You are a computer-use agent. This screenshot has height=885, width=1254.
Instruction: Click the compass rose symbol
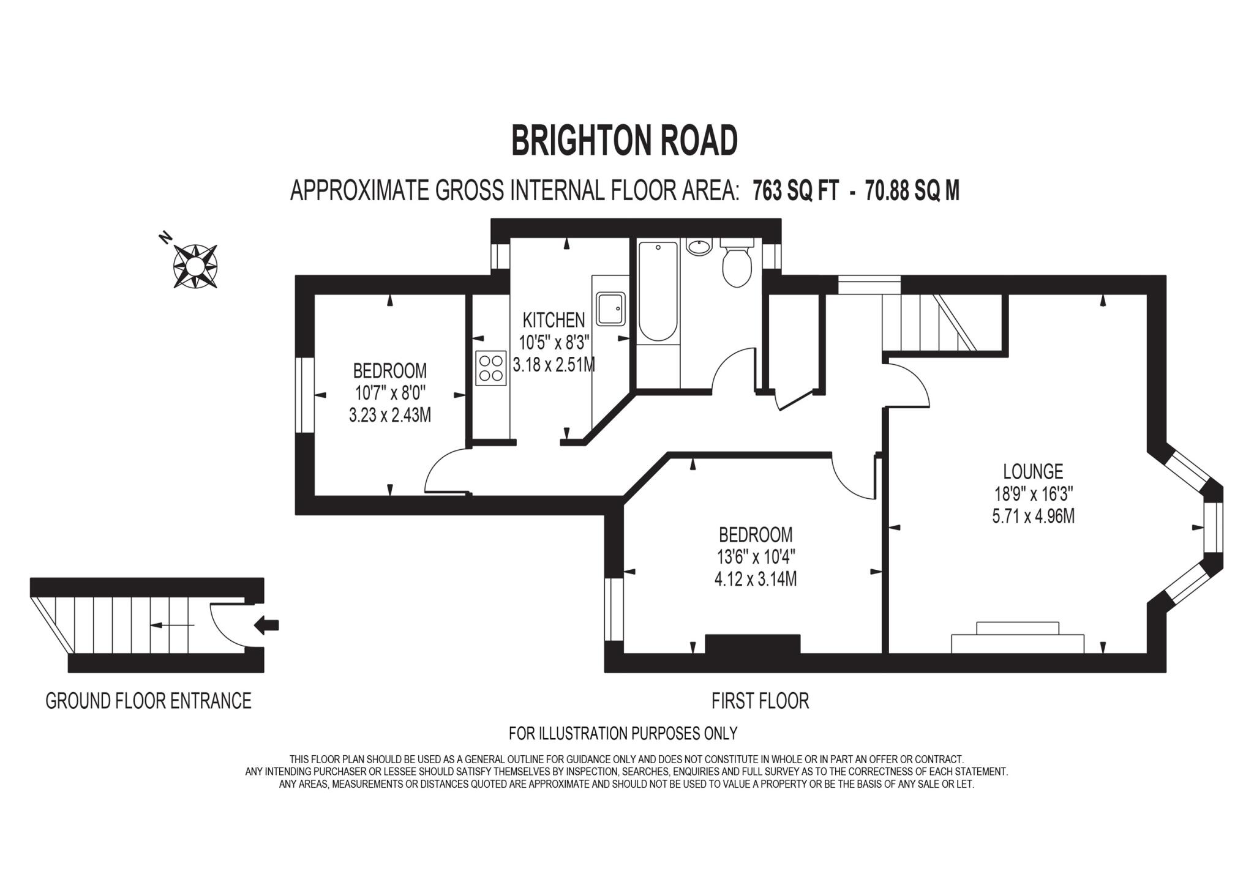click(x=195, y=266)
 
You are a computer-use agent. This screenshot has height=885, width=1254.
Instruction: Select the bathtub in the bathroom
click(x=658, y=291)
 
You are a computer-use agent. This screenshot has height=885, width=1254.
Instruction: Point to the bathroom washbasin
click(x=699, y=247)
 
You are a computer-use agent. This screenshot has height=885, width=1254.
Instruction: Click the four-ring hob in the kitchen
click(x=491, y=368)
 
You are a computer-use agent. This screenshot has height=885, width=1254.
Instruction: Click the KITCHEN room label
click(x=554, y=319)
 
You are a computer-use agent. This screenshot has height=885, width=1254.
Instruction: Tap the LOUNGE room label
click(x=1033, y=471)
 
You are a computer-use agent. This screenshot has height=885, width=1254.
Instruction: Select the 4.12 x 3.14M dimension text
click(x=756, y=579)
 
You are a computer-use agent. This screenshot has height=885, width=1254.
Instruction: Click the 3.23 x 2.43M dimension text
click(x=390, y=415)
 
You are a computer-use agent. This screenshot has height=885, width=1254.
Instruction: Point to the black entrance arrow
click(x=266, y=625)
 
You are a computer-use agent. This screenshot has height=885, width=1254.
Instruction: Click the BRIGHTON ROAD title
click(x=624, y=141)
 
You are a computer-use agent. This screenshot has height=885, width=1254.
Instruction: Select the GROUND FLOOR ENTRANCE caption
click(x=149, y=701)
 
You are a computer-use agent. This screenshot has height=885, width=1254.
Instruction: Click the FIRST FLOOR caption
click(x=760, y=701)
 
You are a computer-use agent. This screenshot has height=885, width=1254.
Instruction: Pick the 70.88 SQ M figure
click(x=912, y=191)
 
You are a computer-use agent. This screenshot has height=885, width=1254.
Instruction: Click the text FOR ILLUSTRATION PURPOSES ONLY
click(x=623, y=733)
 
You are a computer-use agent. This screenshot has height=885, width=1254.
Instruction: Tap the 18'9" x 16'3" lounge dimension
click(x=1033, y=493)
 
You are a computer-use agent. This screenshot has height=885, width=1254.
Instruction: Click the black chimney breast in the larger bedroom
click(x=753, y=644)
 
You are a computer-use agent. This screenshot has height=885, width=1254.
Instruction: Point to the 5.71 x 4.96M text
click(x=1033, y=516)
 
